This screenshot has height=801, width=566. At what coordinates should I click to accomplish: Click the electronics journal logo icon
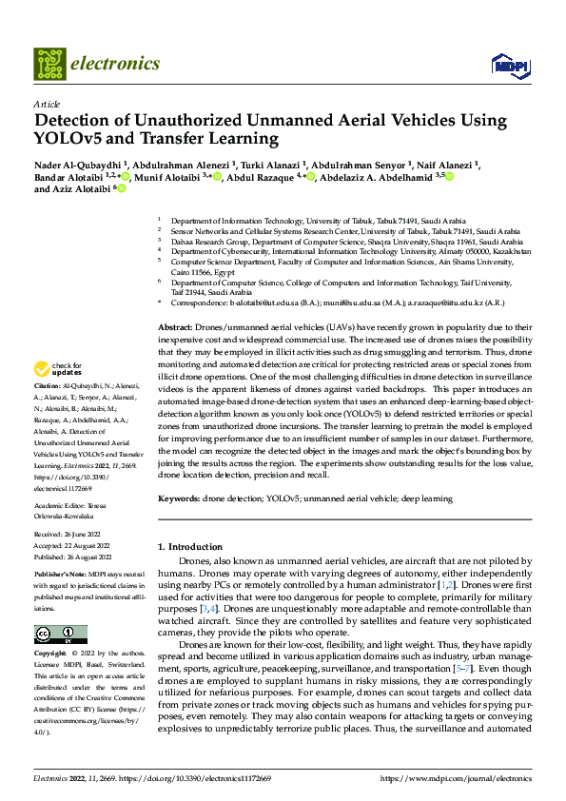click(51, 64)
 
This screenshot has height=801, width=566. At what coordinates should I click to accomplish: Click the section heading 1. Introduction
click(188, 546)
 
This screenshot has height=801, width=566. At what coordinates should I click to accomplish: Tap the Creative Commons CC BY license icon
click(60, 635)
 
